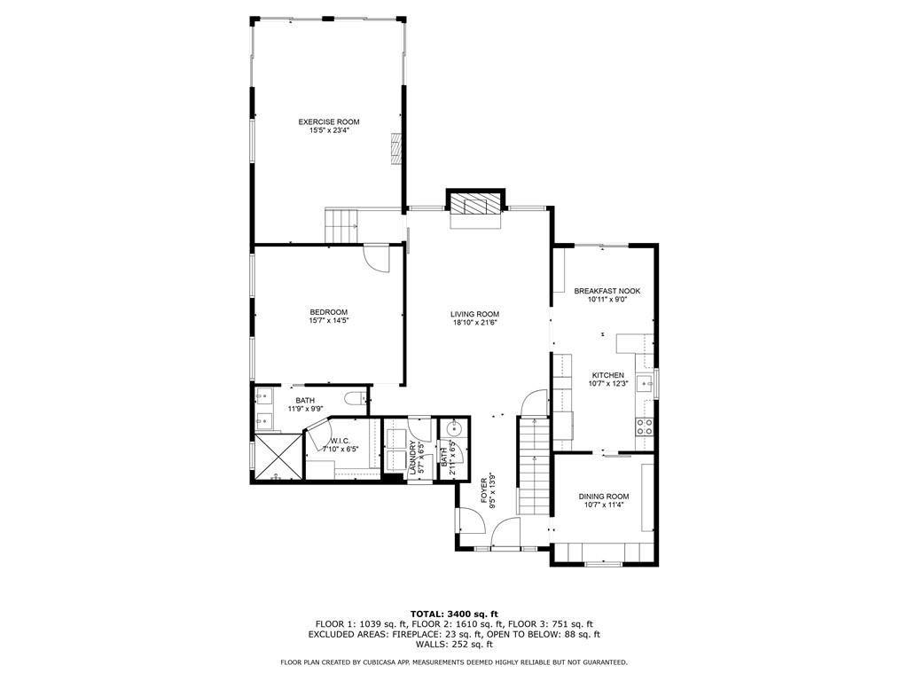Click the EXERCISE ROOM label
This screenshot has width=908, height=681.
[328, 121]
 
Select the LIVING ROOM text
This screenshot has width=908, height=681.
[474, 314]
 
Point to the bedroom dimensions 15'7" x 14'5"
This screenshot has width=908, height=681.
[328, 321]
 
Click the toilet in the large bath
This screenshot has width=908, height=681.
[355, 400]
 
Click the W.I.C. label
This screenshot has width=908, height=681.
[340, 441]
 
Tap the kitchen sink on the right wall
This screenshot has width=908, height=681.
[648, 383]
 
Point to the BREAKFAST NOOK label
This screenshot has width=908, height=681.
[607, 291]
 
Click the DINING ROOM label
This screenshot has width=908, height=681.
[604, 497]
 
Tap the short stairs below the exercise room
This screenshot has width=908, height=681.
[341, 224]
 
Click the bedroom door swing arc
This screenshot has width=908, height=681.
[377, 258]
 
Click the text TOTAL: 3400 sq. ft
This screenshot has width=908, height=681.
[454, 614]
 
